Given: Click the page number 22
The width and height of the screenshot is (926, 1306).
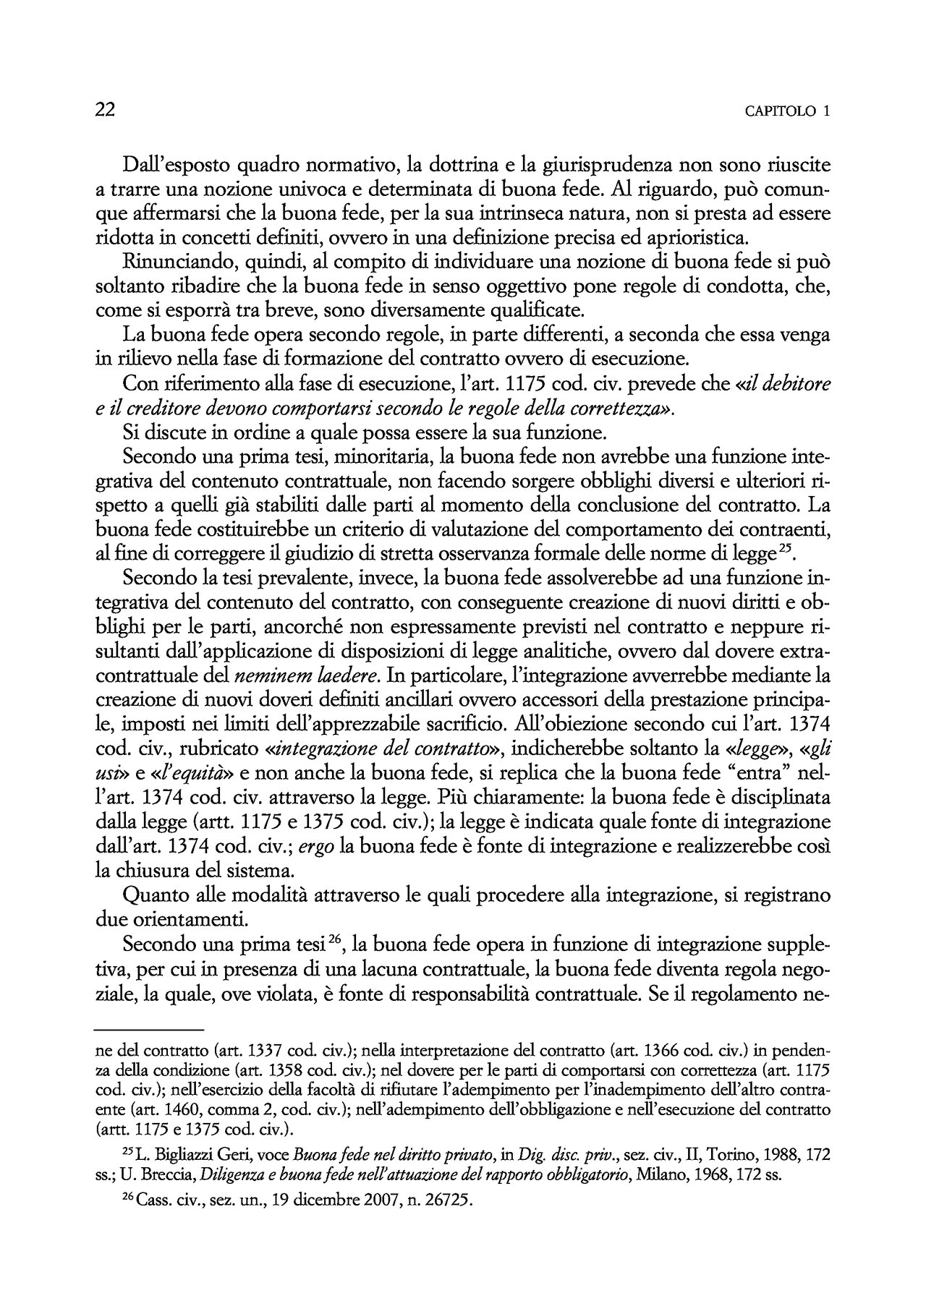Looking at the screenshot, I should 106,110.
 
